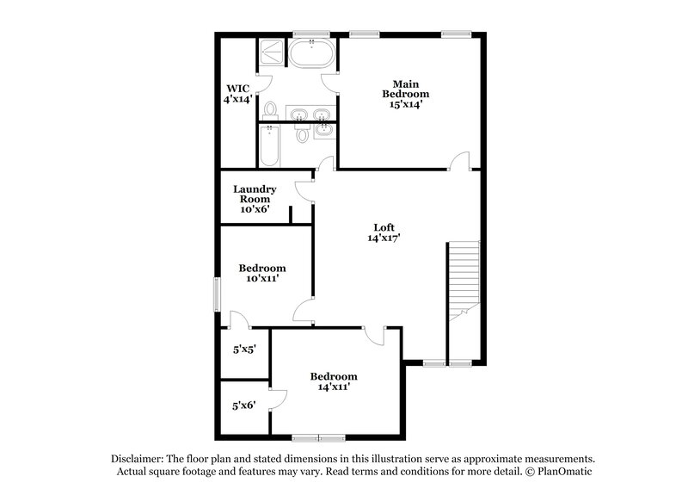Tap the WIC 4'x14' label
238,94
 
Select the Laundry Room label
255,199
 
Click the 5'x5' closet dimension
244,350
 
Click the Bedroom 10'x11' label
261,273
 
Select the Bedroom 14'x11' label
334,381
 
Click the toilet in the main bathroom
270,110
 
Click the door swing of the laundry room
303,191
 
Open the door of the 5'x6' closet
277,399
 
